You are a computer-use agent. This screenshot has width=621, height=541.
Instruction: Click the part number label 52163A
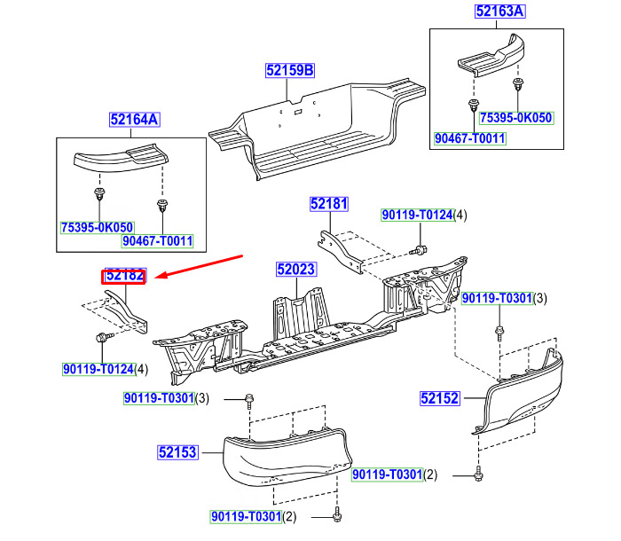point(500,12)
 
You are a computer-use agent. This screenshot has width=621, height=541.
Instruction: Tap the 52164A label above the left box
point(134,120)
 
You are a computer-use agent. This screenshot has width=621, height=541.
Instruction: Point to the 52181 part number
point(329,205)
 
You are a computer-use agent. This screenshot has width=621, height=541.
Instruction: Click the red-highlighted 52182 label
point(125,276)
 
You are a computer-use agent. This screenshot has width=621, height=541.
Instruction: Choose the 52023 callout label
point(295,267)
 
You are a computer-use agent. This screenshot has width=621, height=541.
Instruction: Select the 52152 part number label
point(440,399)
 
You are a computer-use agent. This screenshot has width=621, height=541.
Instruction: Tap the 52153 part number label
point(177,452)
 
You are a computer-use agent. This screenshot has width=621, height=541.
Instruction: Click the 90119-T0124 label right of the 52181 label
point(417,216)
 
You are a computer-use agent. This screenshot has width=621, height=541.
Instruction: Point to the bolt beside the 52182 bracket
point(103,337)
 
